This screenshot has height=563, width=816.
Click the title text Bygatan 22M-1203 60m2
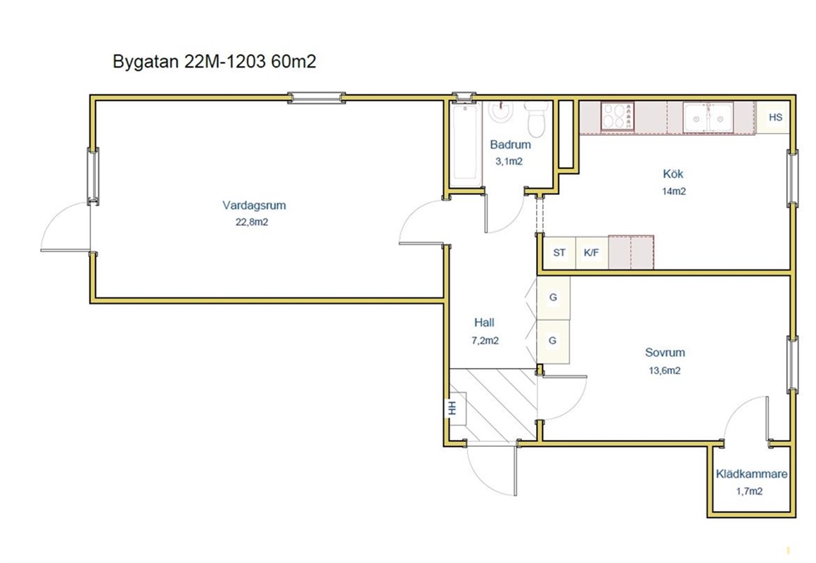point(214,61)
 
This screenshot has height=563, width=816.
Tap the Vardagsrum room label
point(254,205)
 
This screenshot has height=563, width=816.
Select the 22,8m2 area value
point(252,222)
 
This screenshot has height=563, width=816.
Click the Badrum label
point(511,144)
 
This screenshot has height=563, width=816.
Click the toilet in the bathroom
point(535,119)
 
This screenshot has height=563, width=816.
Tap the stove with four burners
point(617,116)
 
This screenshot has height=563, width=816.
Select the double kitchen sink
point(708,118)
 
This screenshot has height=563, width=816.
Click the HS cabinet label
point(775,118)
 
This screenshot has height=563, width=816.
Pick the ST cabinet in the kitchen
point(559,253)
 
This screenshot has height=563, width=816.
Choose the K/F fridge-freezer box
point(592,253)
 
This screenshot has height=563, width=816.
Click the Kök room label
point(673,174)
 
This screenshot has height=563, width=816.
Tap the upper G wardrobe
point(553,298)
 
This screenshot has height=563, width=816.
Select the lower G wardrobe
point(553,341)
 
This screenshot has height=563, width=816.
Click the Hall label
point(484,322)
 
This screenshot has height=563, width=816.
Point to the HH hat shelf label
point(453,407)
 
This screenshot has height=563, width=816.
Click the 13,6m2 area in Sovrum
point(665,371)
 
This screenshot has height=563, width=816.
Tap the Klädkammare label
point(751,474)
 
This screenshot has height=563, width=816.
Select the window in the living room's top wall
point(317,98)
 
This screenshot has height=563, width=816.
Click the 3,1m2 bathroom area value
point(509,161)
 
